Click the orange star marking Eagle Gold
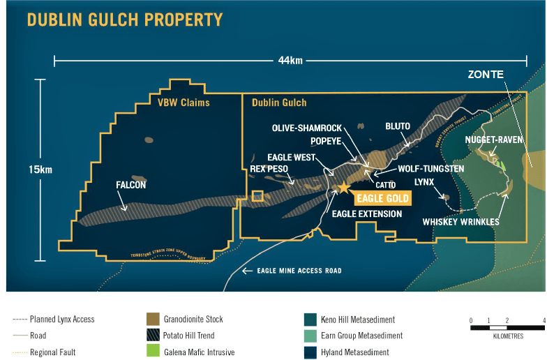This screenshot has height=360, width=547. point(343,187)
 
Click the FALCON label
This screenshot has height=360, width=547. point(130,185)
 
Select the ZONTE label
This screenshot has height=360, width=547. point(487,74)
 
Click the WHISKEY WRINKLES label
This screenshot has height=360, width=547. point(461,222)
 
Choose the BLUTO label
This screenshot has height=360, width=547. point(398,126)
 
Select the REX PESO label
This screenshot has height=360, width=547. point(269,168)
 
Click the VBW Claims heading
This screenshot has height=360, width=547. point(183,103)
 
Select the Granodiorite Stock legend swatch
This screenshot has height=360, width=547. point(153,320)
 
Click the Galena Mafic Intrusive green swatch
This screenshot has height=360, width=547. point(153,352)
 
